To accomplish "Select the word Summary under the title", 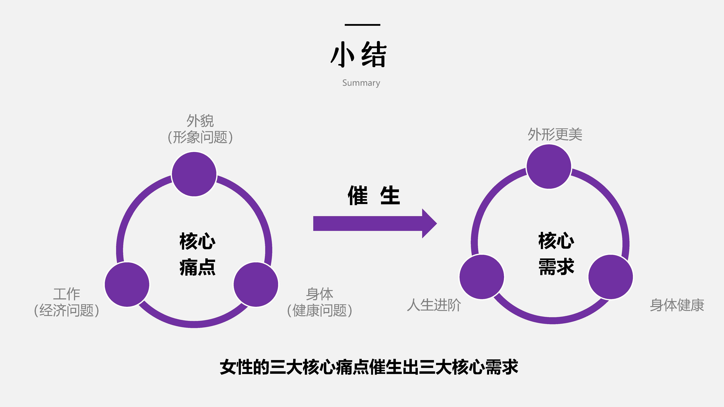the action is tap(361, 83).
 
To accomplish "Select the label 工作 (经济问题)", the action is tap(67, 302).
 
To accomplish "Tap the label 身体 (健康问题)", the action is tap(319, 302).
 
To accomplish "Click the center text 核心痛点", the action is tap(198, 254).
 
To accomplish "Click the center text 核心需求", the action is tap(556, 253).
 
